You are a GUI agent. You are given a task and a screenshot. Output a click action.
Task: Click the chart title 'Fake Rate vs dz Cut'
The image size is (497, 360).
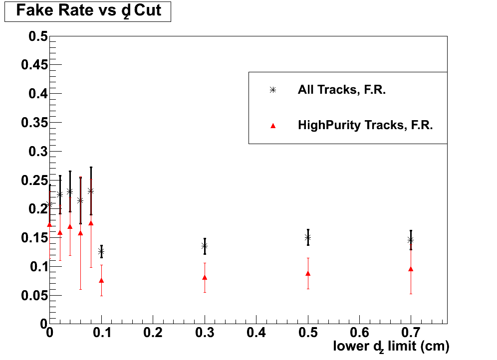point(88,11)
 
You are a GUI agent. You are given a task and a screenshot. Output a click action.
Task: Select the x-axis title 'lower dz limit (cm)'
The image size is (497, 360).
point(391,346)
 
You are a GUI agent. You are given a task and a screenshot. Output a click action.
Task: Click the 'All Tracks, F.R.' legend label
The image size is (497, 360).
point(342,90)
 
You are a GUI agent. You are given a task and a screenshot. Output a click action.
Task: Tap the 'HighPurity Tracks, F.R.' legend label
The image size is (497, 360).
point(365,126)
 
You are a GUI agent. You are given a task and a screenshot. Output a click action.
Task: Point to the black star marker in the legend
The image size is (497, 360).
point(272,90)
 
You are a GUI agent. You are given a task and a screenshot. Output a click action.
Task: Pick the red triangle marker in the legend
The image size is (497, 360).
point(272,126)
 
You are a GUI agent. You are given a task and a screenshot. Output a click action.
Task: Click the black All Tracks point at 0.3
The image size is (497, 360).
point(205,246)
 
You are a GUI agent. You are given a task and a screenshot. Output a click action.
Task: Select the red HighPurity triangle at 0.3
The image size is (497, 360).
point(205,277)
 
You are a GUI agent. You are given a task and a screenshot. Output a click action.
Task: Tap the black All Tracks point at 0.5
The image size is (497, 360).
point(308,237)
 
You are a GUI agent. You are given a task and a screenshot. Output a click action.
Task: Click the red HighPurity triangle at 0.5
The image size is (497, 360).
point(308,273)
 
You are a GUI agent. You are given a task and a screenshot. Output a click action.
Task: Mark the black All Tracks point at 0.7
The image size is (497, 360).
point(411,240)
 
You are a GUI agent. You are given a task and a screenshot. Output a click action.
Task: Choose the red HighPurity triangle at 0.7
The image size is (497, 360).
point(411,269)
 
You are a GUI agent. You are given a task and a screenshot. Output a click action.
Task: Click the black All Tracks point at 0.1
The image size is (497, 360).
point(101,252)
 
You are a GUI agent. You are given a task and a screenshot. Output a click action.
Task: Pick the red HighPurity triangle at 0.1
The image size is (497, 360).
point(101,280)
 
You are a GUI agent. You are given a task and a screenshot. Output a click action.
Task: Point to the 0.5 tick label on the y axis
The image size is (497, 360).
point(38,36)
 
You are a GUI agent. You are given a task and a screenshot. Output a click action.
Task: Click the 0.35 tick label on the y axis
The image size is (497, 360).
point(34,123)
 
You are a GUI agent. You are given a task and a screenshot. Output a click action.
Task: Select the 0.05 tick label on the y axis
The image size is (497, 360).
point(34,295)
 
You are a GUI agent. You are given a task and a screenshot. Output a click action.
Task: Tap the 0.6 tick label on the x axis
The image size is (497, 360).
point(359,332)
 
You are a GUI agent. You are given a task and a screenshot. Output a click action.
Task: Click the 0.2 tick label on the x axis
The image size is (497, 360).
point(153,332)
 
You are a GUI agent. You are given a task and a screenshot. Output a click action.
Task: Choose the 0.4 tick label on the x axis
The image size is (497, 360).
point(256,332)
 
